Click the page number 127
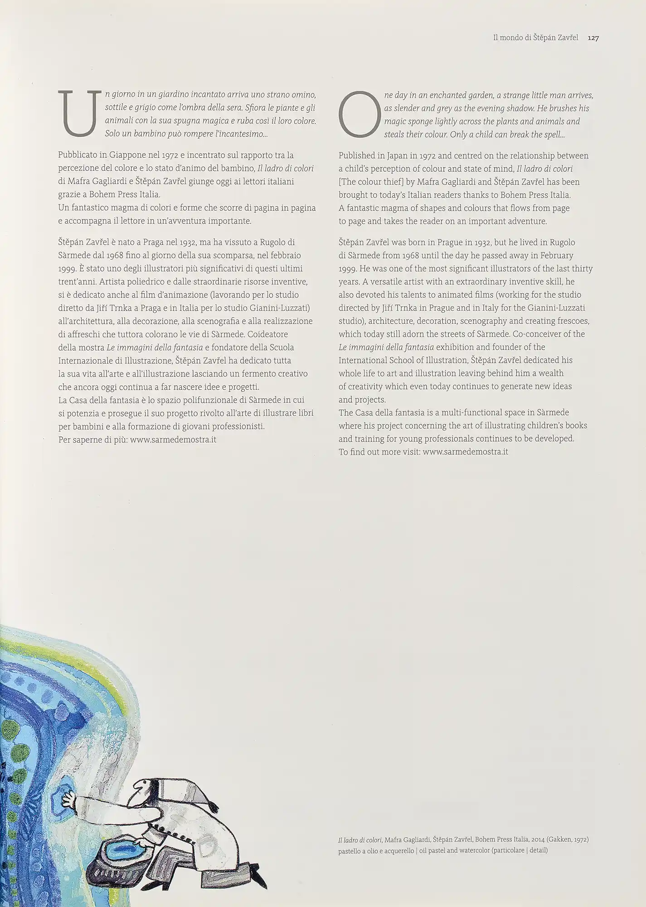coord(593,39)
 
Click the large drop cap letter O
coord(359,114)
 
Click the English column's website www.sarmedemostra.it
coord(465,452)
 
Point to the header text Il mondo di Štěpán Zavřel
coord(535,39)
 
